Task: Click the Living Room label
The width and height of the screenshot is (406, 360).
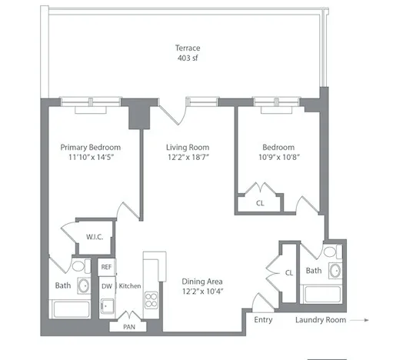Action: (188, 147)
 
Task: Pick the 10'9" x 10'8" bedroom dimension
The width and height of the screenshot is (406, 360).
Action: (278, 158)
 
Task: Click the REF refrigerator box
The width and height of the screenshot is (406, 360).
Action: (106, 266)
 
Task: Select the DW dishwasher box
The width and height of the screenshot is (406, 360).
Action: (106, 286)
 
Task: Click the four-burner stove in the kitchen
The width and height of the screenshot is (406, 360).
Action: (152, 300)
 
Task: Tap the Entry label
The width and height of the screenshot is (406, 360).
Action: (263, 318)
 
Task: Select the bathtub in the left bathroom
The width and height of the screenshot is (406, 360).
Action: (75, 309)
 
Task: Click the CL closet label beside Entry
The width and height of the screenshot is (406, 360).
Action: (289, 272)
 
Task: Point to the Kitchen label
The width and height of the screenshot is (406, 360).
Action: (129, 286)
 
